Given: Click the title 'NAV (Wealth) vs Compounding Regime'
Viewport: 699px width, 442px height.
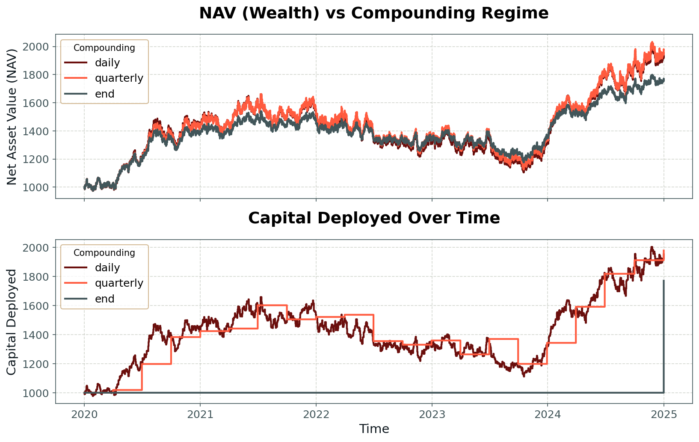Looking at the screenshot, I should coord(373,13).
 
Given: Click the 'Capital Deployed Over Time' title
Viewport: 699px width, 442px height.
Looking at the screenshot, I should coord(373,218).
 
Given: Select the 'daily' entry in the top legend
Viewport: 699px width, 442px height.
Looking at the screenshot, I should coord(107,63).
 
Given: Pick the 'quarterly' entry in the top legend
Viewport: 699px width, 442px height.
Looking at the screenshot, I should coord(118,78).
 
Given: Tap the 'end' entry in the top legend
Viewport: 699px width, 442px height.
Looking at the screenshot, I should coord(104,94).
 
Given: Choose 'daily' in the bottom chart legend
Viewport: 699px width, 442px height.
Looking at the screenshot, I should coord(107,268).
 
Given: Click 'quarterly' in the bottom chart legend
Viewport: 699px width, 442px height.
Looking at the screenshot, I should coord(118,283).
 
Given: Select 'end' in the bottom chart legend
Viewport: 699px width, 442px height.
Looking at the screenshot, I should coord(104,299).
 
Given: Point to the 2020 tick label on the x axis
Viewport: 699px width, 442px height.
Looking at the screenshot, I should coord(84,414).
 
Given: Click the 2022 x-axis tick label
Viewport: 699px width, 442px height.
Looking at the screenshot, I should coord(316,414).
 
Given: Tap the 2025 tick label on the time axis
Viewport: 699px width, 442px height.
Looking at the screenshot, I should coord(663,414).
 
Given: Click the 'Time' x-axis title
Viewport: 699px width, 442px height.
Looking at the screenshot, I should coord(373,429).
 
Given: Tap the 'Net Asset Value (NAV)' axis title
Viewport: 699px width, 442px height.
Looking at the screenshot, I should coord(12,116).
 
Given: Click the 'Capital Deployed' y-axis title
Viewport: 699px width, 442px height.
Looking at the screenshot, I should coord(12,322).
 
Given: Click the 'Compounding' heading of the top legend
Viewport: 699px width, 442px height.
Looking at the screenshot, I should coord(104,48).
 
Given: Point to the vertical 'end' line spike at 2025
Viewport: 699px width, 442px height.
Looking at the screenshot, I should coord(663,338).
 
